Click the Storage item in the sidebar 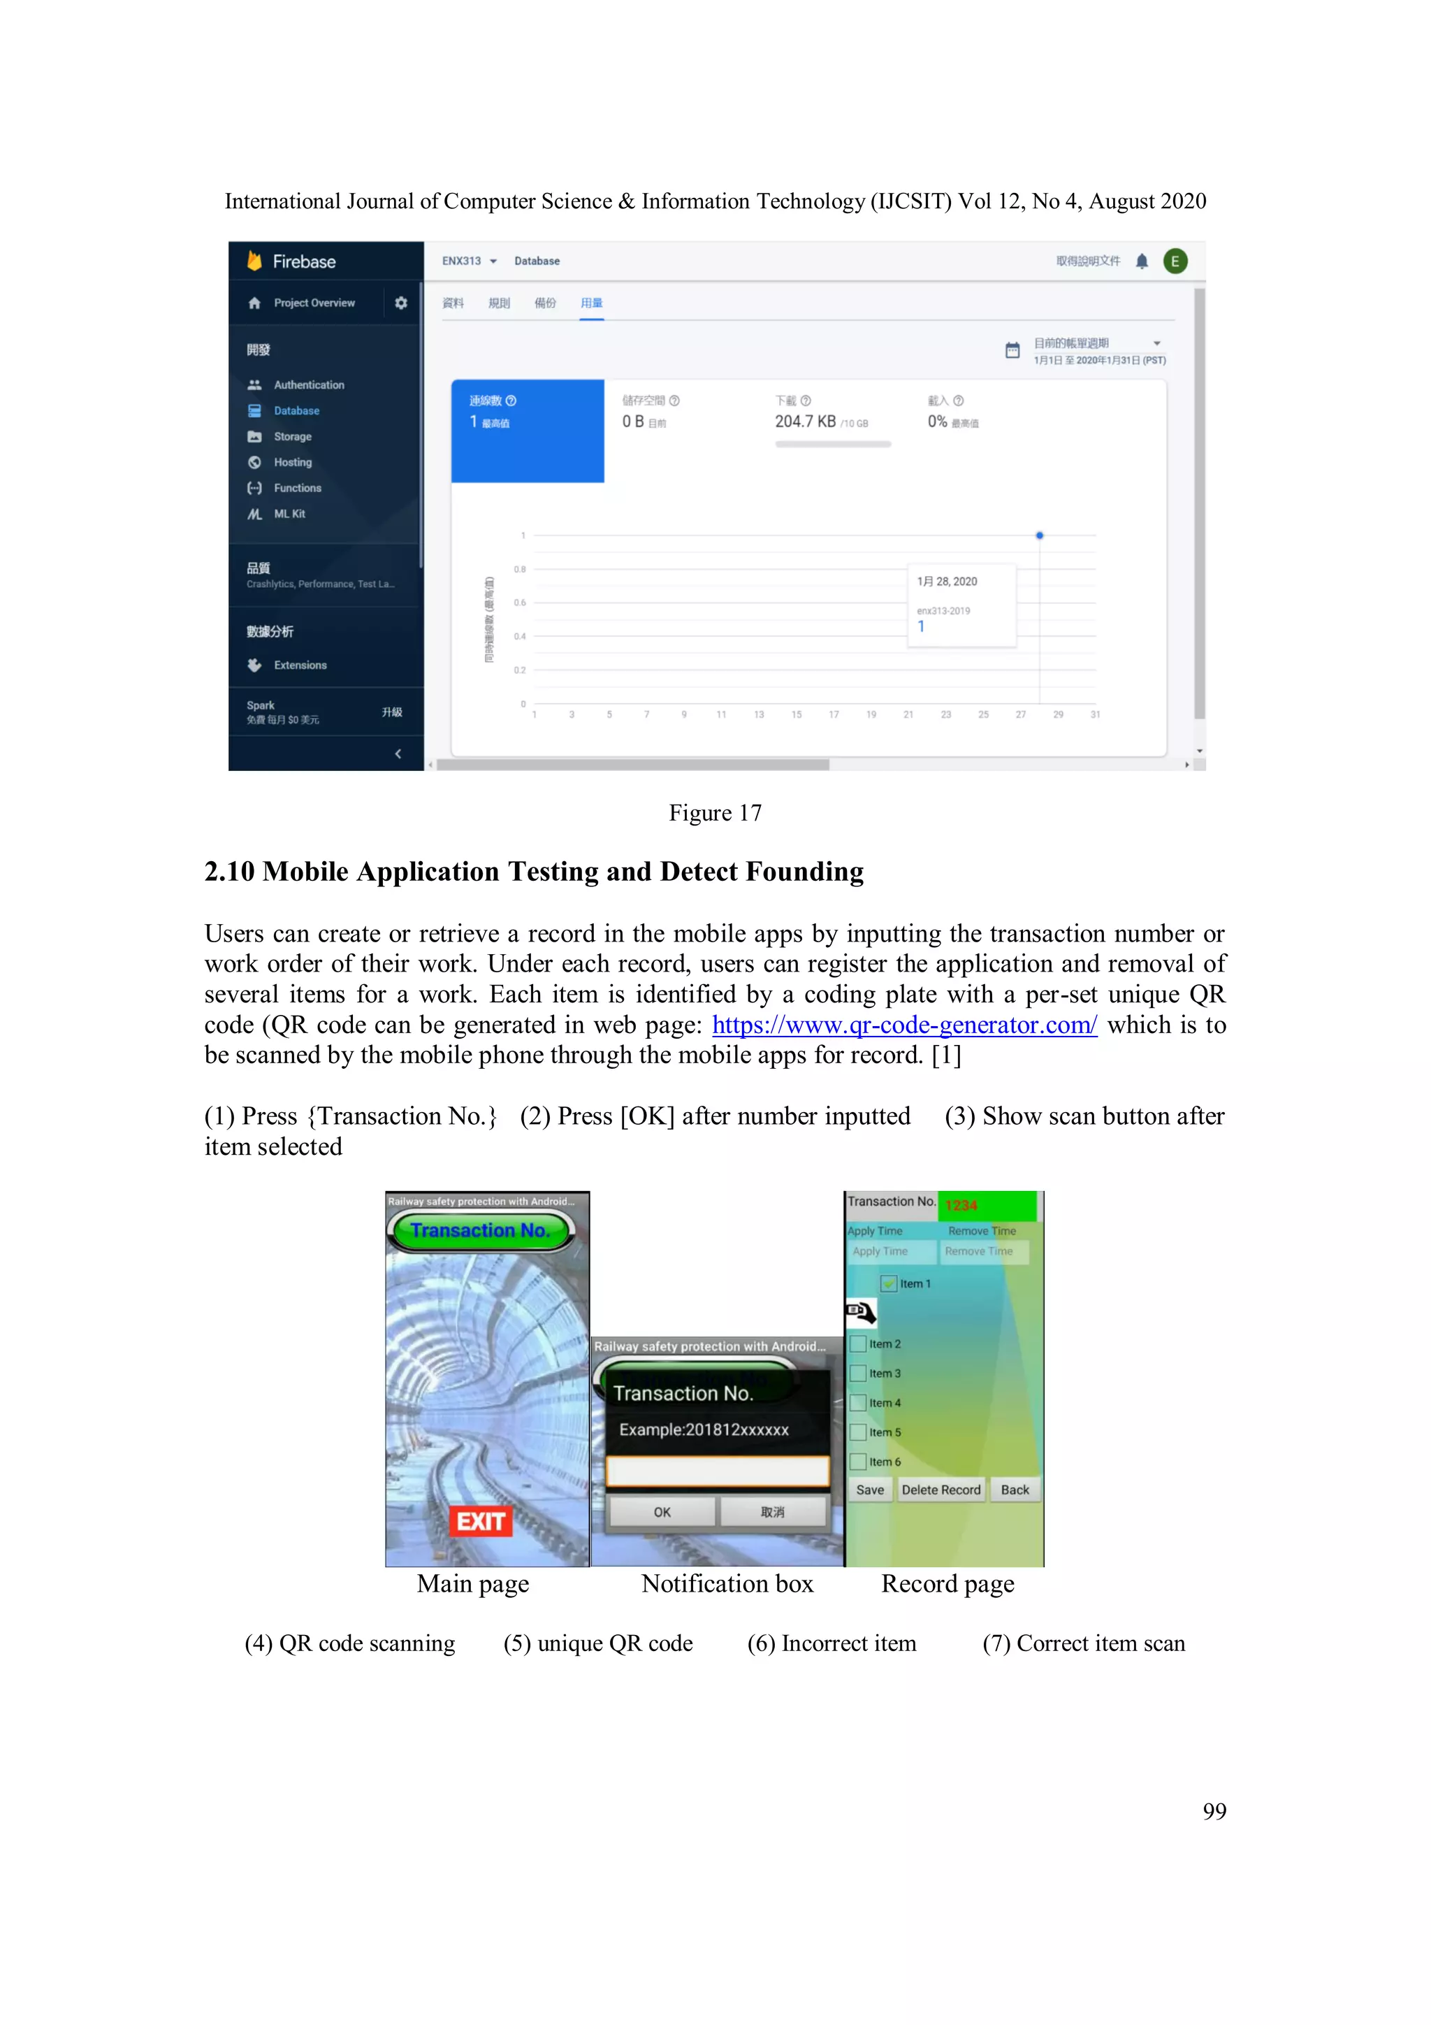292,437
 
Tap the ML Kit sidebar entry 289,513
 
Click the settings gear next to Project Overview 401,303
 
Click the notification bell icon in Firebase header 1142,261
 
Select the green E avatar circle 1175,261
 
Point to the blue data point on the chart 1040,535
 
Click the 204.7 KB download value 805,421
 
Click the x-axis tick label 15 796,714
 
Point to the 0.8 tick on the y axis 520,569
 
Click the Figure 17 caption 715,812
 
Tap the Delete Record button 940,1490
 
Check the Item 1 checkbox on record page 889,1283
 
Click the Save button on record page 869,1490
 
